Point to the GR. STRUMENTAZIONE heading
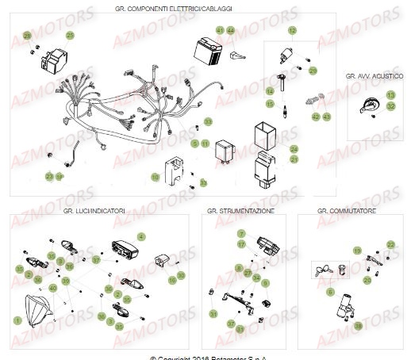coord(243,212)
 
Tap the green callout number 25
coord(69,36)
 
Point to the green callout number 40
coord(54,287)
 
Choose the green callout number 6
coord(330,293)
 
